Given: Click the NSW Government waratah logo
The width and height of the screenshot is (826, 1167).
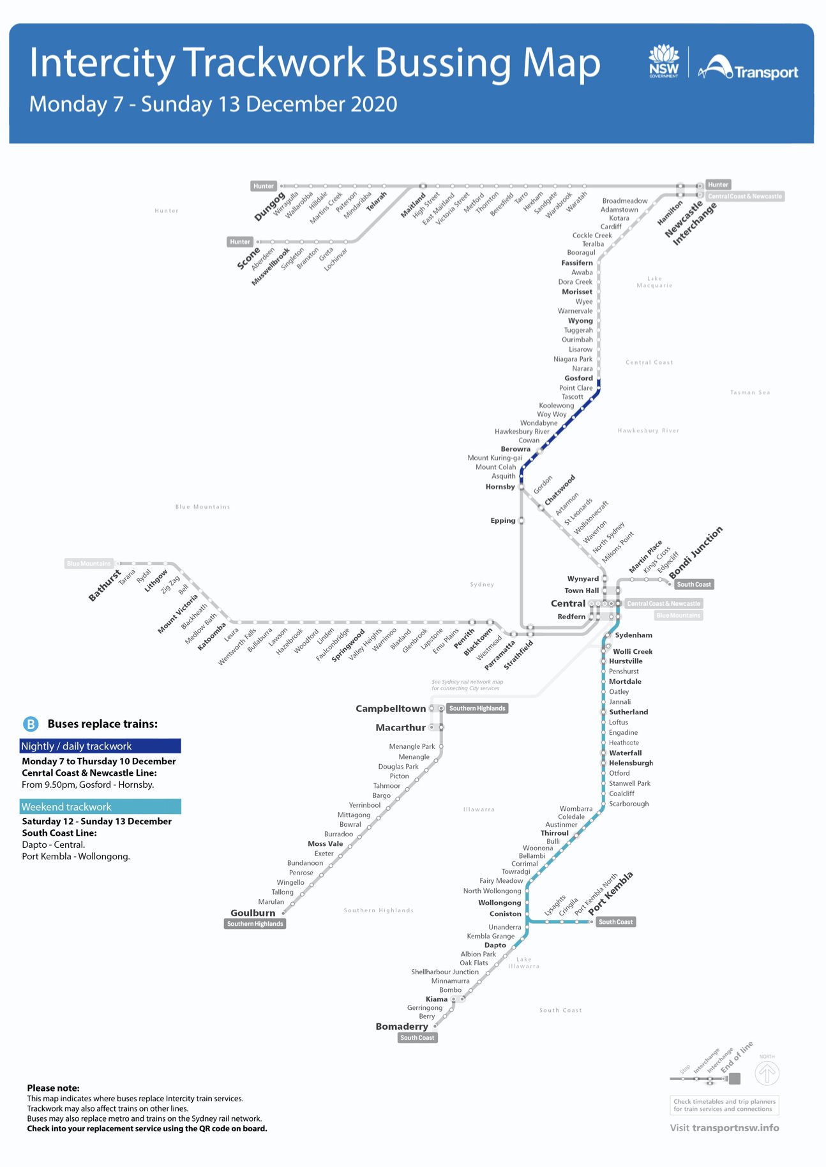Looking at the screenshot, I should click(664, 61).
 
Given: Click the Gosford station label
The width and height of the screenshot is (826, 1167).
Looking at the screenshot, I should click(578, 378).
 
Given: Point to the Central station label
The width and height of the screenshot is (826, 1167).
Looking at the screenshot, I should click(567, 603).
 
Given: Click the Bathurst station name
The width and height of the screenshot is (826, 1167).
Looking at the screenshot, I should click(105, 585).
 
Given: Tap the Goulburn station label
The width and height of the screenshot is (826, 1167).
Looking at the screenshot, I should click(253, 913).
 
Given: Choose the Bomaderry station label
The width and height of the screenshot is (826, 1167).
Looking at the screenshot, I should click(402, 1027).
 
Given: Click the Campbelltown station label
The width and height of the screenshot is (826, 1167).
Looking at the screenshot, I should click(390, 709).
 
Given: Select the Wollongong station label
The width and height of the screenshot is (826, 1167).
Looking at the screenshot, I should click(499, 903).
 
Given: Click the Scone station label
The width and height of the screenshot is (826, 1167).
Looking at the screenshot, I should click(248, 259).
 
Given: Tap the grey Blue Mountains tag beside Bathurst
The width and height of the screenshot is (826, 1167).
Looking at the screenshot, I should click(89, 564).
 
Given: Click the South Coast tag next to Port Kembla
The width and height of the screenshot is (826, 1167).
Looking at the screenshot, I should click(615, 922).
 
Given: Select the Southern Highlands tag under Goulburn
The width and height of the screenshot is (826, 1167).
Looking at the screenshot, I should click(255, 924).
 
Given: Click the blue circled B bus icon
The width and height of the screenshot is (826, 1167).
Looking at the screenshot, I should click(31, 724).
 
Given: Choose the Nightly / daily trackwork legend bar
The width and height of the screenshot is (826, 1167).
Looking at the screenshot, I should click(100, 746).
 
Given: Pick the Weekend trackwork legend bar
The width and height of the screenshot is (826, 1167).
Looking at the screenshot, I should click(100, 807).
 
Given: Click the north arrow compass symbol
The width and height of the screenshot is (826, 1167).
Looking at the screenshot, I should click(767, 1074).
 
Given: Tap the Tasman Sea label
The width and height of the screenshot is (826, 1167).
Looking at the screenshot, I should click(750, 393).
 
